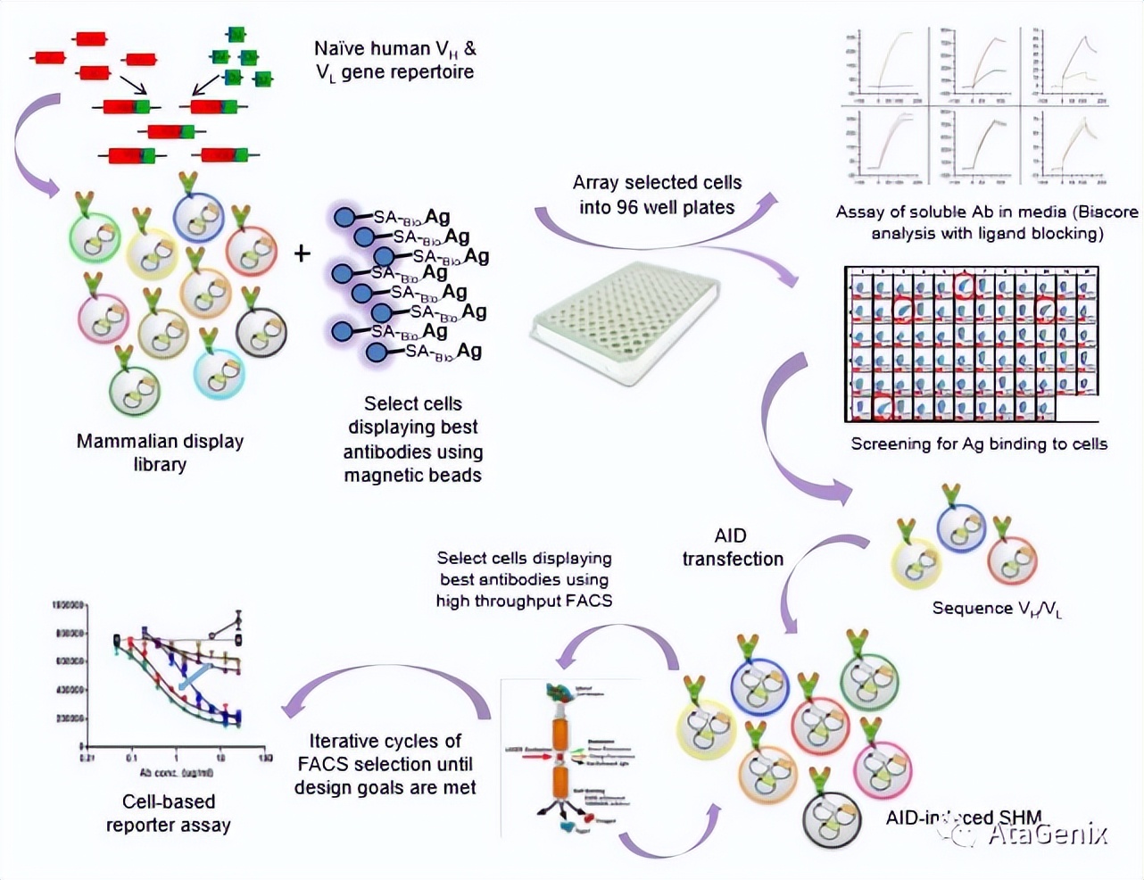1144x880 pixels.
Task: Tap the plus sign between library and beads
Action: coord(303,254)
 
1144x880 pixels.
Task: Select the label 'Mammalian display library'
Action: coord(160,452)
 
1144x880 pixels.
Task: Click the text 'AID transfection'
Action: coord(732,547)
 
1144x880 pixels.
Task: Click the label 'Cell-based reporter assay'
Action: coord(168,813)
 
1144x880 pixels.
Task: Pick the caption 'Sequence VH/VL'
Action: coord(997,609)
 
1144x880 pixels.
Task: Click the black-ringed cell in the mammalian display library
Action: coord(261,332)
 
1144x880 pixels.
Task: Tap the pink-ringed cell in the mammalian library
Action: coord(104,319)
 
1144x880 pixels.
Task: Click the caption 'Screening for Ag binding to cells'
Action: coord(979,444)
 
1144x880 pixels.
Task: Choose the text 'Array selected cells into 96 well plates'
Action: coord(657,195)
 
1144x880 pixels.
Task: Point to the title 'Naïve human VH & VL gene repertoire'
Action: coord(395,60)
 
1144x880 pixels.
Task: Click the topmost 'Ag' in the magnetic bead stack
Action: coord(437,217)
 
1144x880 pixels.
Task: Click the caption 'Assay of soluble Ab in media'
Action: coord(986,222)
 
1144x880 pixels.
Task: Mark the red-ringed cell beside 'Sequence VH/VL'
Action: coord(1013,560)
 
